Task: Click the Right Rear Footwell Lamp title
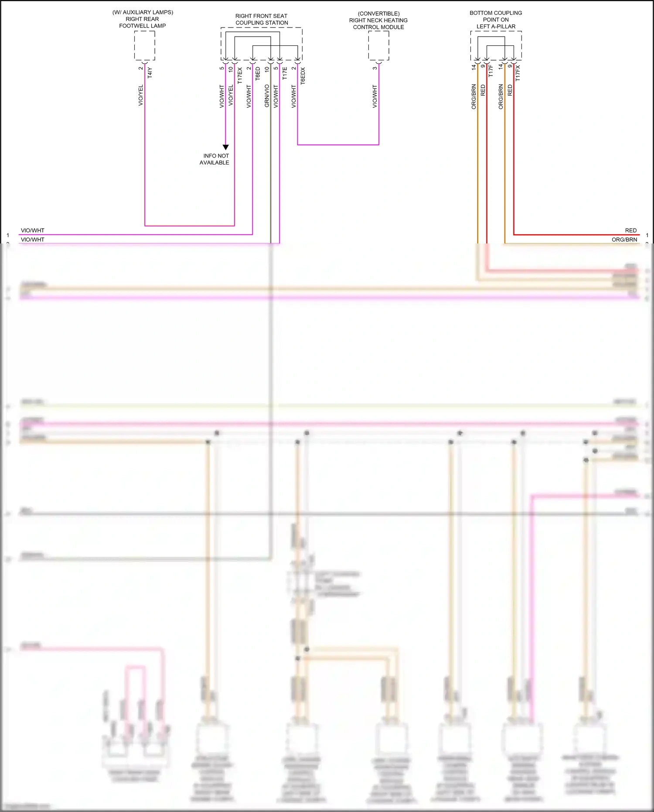[x=143, y=19]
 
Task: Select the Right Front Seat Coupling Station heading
[x=262, y=19]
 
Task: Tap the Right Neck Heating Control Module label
[x=378, y=21]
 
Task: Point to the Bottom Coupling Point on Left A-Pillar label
[x=496, y=20]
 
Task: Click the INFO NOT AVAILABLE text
[x=215, y=159]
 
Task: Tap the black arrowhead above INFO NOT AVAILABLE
[x=226, y=147]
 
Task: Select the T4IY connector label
[x=150, y=72]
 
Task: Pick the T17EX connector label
[x=240, y=75]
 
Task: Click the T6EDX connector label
[x=303, y=75]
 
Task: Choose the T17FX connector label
[x=518, y=73]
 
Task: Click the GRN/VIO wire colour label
[x=267, y=96]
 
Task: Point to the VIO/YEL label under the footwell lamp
[x=141, y=95]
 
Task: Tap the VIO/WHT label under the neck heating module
[x=375, y=96]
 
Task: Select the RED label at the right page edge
[x=630, y=230]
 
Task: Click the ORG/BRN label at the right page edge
[x=624, y=240]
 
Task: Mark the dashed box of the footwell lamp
[x=145, y=45]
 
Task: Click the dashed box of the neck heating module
[x=378, y=45]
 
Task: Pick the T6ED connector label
[x=258, y=73]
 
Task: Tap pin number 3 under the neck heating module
[x=375, y=68]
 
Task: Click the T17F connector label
[x=491, y=71]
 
